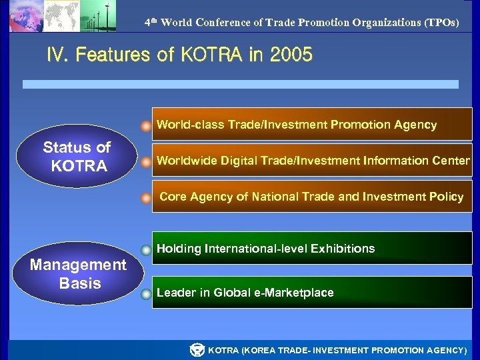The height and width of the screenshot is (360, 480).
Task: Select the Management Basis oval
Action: pos(78,274)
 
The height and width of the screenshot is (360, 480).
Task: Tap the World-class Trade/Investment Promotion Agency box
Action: pos(312,125)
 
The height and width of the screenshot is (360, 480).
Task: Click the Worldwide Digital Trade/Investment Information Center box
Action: pos(312,161)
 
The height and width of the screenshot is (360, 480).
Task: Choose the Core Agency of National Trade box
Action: pos(312,197)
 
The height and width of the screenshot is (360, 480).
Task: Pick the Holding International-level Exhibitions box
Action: pos(312,249)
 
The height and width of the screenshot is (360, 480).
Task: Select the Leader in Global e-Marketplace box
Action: pos(312,293)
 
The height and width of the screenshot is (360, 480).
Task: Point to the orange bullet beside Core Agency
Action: pos(146,198)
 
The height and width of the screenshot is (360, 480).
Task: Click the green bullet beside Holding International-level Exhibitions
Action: pos(146,251)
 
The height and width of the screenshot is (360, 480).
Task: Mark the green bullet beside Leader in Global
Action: pos(146,294)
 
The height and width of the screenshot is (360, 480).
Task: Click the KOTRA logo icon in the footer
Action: pos(197,350)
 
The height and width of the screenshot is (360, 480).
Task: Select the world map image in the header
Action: pos(61,15)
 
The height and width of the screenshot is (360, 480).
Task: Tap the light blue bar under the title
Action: pos(240,85)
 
